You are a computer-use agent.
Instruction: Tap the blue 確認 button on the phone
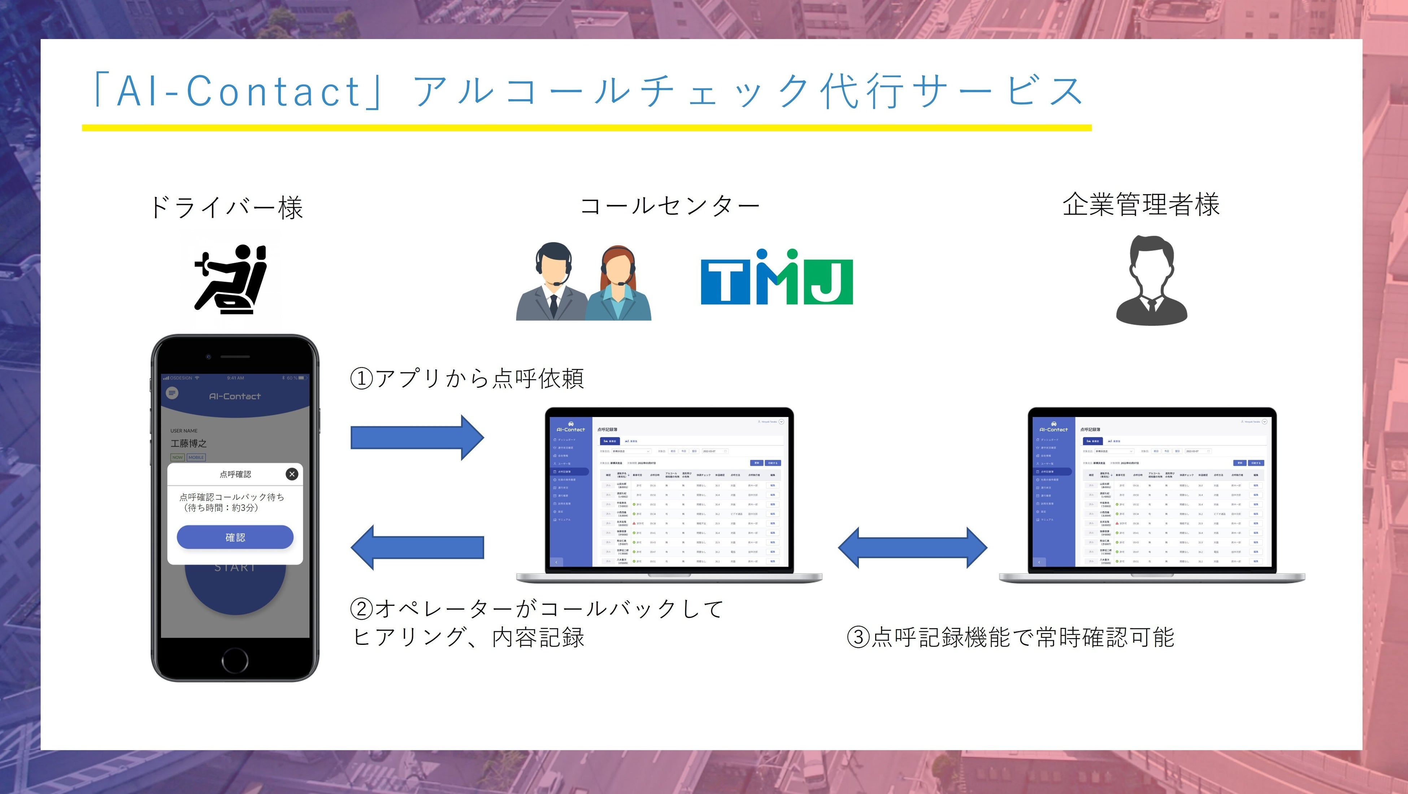click(235, 537)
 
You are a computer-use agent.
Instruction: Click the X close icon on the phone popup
click(292, 474)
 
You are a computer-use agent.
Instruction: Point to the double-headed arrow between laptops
click(912, 547)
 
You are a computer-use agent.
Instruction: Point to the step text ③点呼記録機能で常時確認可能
click(1010, 637)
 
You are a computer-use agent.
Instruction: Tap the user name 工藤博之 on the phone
click(188, 443)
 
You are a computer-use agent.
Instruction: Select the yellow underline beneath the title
click(586, 128)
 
